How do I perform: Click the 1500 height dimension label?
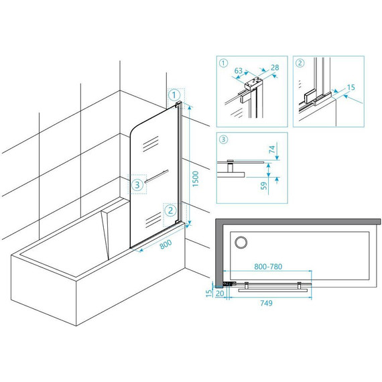[196, 179]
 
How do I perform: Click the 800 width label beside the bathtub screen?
[166, 245]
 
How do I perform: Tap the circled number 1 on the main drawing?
[174, 95]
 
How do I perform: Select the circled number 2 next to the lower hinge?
[170, 210]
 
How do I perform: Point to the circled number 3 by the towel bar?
[137, 185]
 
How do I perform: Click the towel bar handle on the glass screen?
[156, 176]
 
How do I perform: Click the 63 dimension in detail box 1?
[239, 70]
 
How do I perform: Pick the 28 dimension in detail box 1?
[275, 68]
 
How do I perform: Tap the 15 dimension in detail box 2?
[351, 87]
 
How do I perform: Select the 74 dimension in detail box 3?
[272, 149]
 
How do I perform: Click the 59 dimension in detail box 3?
[264, 186]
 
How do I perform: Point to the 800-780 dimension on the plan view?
[268, 267]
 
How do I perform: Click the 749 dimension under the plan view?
[266, 303]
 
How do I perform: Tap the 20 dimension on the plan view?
[220, 294]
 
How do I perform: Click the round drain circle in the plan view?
[241, 243]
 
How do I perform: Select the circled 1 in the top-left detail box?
[223, 63]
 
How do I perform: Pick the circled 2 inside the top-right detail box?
[300, 63]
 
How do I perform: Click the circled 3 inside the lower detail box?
[223, 139]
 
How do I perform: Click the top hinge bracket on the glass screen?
[178, 105]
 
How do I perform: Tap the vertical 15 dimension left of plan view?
[209, 293]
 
